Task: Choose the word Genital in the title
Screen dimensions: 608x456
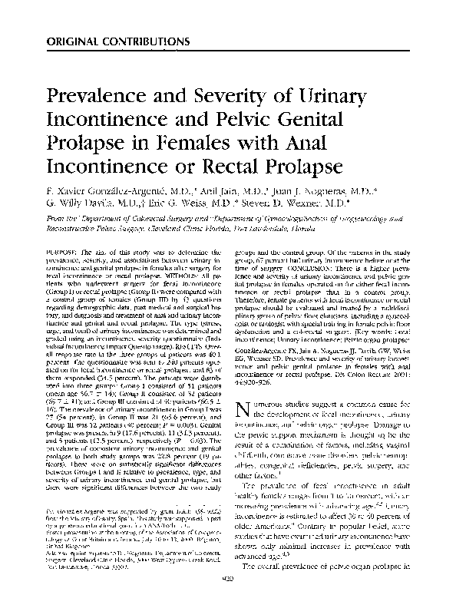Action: point(337,121)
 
